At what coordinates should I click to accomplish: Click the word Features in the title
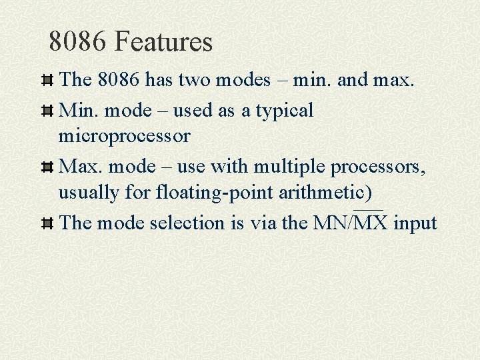pyautogui.click(x=163, y=42)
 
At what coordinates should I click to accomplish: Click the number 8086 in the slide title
pyautogui.click(x=78, y=42)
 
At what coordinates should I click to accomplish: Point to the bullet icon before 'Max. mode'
pyautogui.click(x=47, y=167)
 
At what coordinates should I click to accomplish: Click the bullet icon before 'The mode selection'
pyautogui.click(x=47, y=223)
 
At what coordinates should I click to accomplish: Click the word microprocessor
pyautogui.click(x=124, y=137)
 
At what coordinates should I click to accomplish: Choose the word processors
pyautogui.click(x=377, y=167)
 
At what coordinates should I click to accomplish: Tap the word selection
pyautogui.click(x=188, y=223)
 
